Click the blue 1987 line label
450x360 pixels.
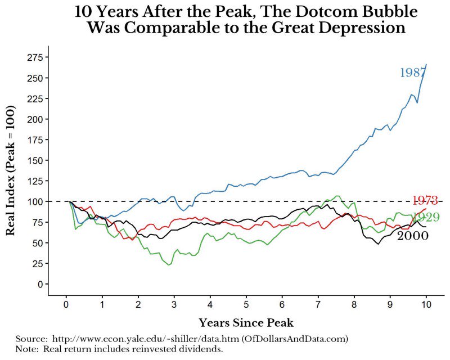click(412, 73)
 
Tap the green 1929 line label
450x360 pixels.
click(426, 218)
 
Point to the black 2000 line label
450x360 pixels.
click(412, 236)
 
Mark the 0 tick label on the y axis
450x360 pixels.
click(40, 284)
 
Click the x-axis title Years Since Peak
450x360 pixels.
click(246, 323)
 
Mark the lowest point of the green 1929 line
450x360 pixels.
click(169, 264)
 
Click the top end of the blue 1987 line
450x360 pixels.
click(426, 65)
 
